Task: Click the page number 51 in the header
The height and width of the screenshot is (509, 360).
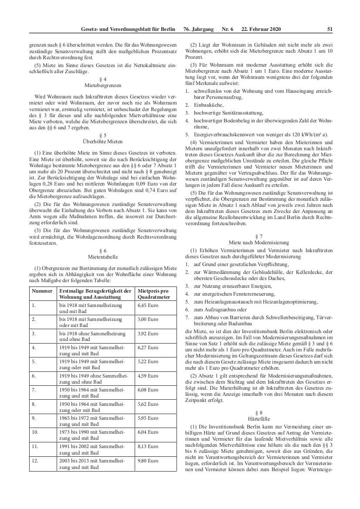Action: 329,29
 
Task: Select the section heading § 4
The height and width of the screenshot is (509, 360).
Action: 103,79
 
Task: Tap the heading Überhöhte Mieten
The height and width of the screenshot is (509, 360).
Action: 103,141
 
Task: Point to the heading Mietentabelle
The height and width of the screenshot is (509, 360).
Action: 103,257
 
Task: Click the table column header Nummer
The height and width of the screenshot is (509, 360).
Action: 42,290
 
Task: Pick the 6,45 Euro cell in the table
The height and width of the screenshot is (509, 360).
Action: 148,305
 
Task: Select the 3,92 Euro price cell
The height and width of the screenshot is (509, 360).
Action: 148,333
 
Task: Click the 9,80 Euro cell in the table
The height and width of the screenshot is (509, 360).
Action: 148,460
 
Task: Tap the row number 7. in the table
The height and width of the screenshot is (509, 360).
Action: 34,390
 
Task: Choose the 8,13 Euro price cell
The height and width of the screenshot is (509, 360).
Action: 148,446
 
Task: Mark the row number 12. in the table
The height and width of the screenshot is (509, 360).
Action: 35,460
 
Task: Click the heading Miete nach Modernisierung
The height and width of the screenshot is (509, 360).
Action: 259,242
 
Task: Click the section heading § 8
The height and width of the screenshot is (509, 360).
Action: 259,411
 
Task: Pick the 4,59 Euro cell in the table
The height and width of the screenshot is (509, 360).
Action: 148,376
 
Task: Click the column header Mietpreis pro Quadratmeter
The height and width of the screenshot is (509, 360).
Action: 153,293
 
